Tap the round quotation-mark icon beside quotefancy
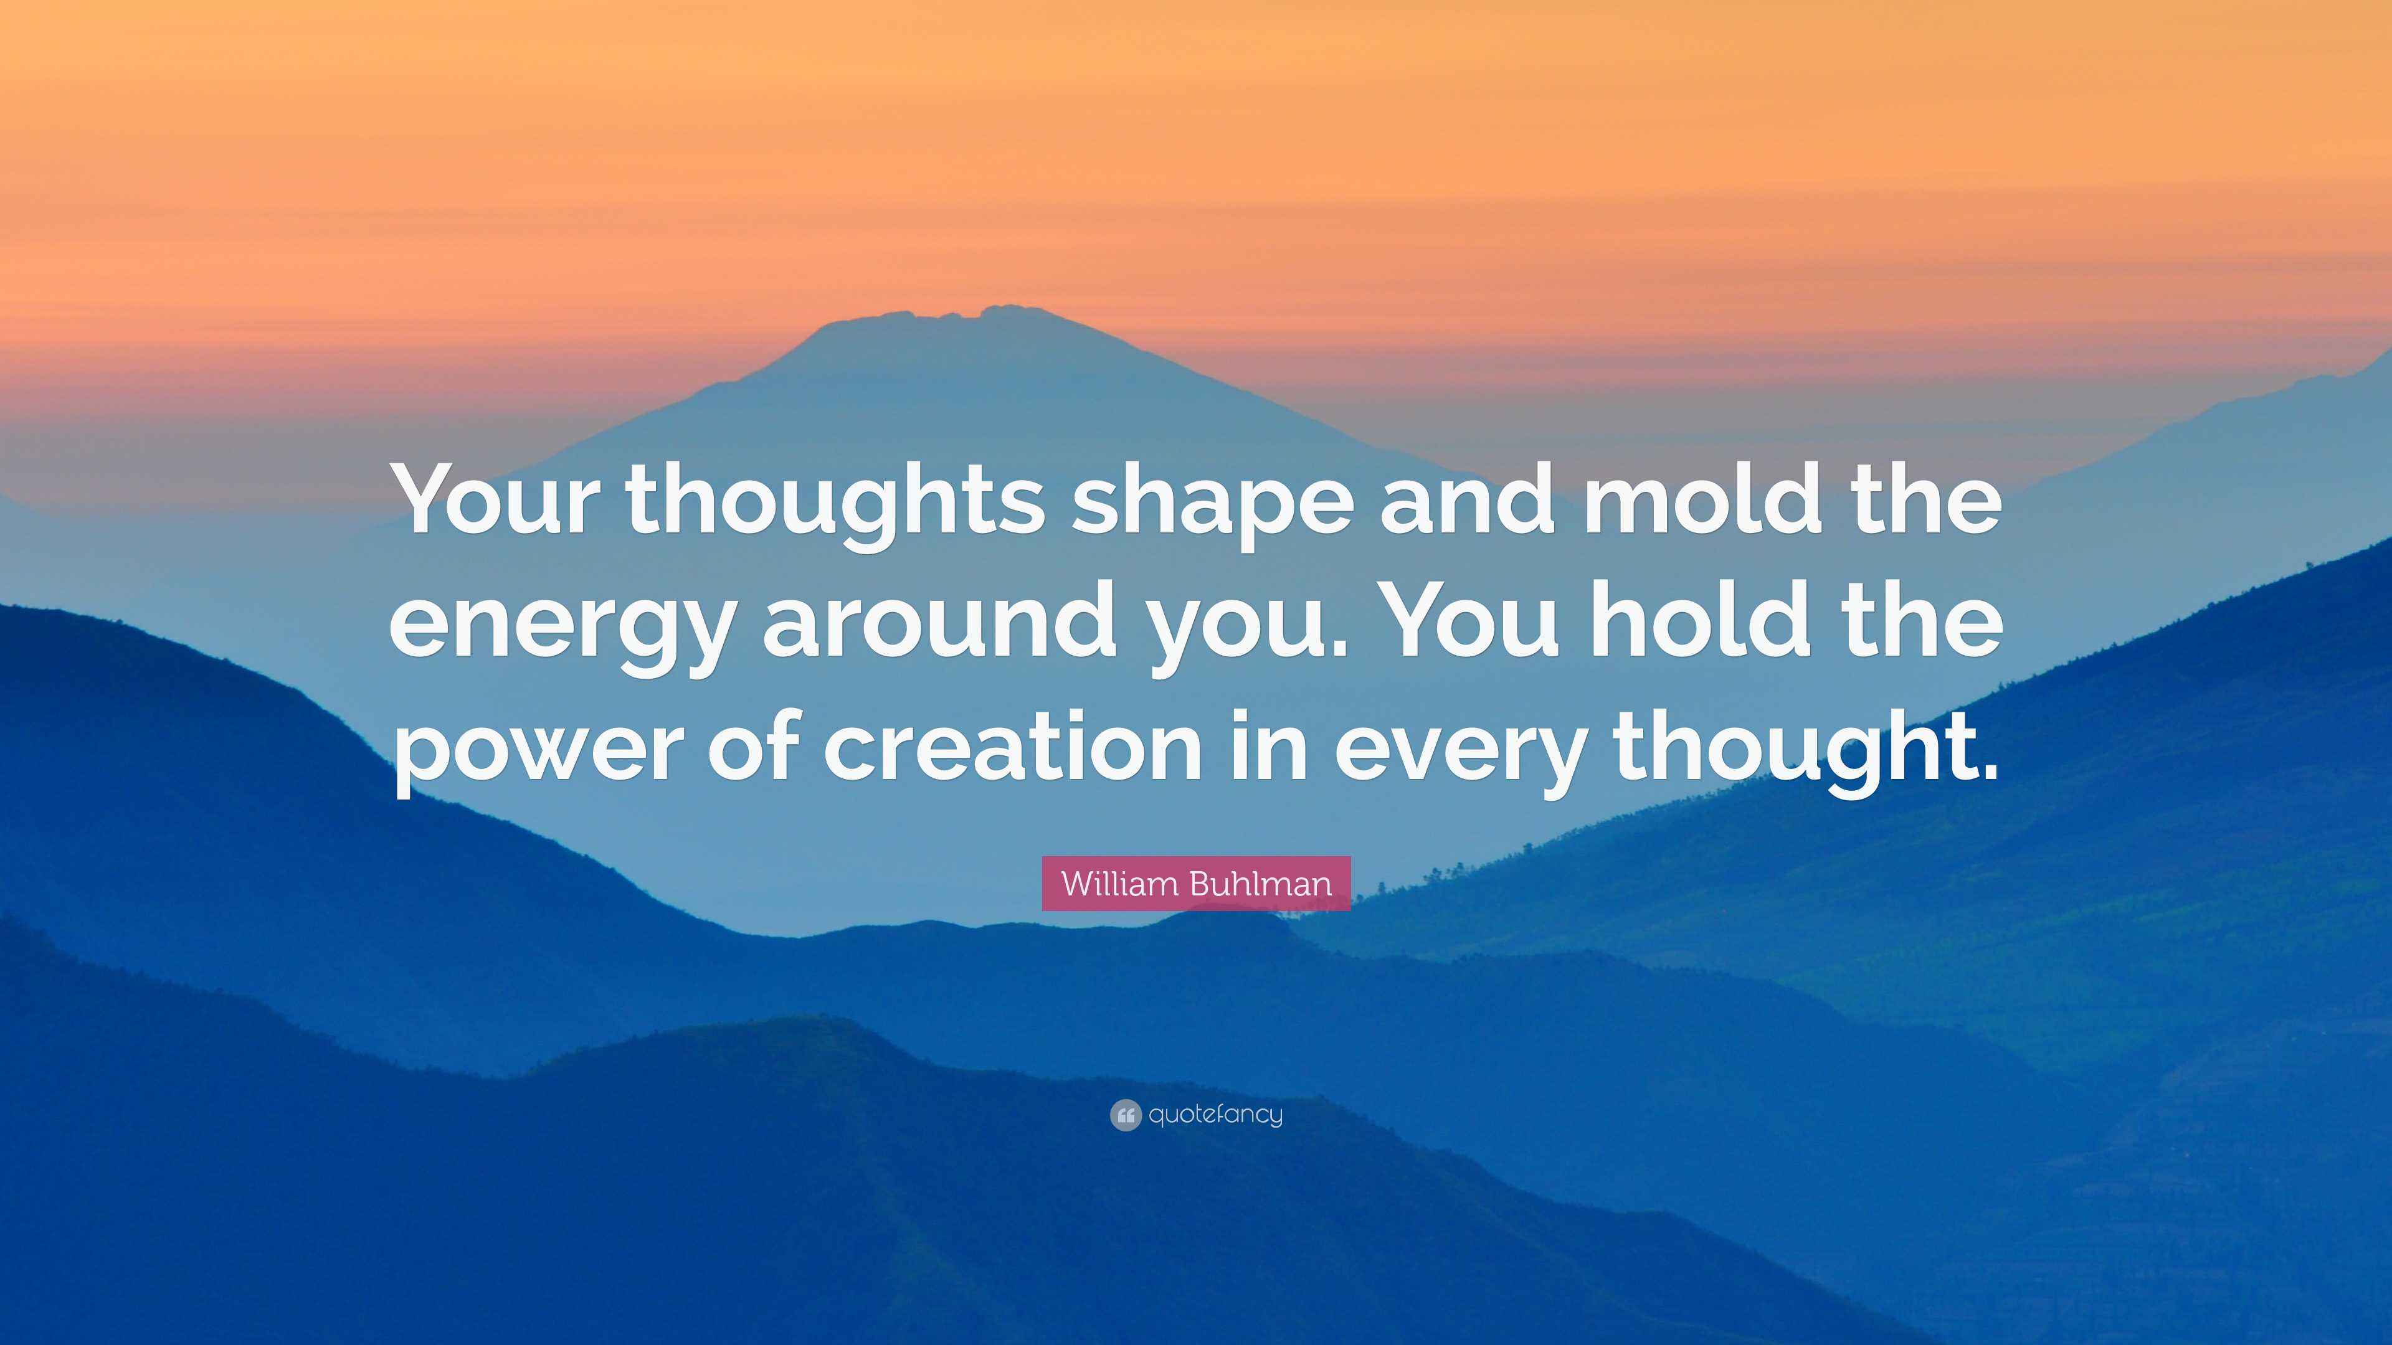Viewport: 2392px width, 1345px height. pyautogui.click(x=1124, y=1115)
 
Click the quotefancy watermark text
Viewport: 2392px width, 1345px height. pyautogui.click(x=1215, y=1115)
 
